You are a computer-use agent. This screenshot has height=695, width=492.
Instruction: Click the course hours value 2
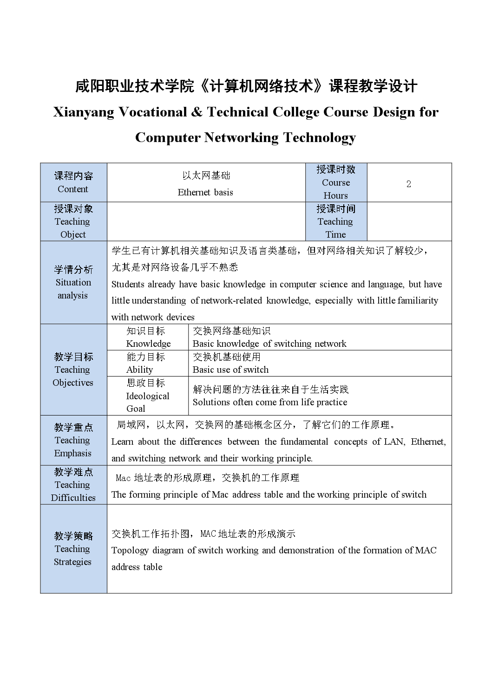[408, 184]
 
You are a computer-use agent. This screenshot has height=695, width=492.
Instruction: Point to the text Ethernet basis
[205, 192]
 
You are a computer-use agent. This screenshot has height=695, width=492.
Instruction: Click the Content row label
[73, 182]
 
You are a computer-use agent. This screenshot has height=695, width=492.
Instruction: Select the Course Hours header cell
[336, 182]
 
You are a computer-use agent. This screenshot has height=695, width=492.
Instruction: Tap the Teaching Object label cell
[73, 221]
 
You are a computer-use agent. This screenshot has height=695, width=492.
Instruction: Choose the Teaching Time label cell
[336, 221]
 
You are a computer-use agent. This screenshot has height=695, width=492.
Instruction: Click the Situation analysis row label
[73, 282]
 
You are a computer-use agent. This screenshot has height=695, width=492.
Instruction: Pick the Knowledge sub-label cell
[148, 337]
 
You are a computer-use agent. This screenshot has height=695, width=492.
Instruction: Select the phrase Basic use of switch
[230, 370]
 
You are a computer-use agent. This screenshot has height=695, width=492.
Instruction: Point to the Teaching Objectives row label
[73, 370]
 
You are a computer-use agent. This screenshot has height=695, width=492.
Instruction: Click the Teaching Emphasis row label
[73, 440]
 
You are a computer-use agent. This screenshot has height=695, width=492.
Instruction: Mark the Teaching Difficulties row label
[73, 485]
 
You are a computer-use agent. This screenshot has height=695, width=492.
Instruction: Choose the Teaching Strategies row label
[73, 549]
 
